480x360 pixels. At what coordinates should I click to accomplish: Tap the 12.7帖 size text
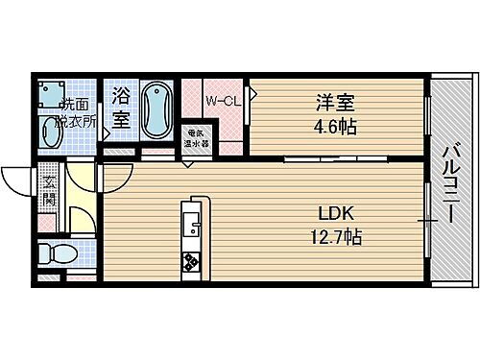point(333,236)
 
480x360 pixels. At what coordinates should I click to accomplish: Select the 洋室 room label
point(327,100)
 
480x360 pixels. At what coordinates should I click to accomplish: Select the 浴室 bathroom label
point(120,107)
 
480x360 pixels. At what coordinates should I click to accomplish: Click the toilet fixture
point(58,253)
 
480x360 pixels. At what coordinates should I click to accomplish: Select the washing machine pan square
point(50,92)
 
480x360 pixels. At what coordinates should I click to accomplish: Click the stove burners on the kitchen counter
point(191,261)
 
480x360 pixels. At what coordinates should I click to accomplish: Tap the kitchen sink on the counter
point(191,228)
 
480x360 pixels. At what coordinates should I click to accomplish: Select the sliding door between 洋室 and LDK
point(322,156)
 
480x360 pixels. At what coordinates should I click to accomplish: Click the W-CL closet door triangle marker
point(252,94)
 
